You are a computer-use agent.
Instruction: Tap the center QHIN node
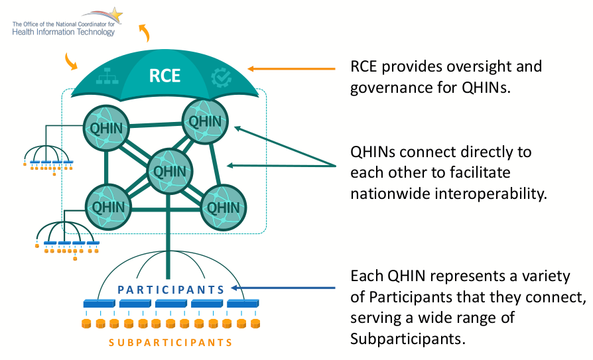[x=166, y=170]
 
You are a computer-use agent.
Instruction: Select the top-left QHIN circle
[x=105, y=127]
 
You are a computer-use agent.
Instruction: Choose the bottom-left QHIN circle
[x=107, y=206]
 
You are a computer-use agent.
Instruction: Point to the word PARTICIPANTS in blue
[x=170, y=290]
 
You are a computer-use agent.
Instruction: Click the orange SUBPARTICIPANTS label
[x=170, y=343]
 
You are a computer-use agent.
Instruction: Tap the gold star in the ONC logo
[x=115, y=14]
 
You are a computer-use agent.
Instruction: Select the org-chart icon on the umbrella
[x=106, y=78]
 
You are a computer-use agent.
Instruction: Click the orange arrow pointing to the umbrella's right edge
[x=292, y=68]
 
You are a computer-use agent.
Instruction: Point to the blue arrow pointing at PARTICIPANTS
[x=285, y=288]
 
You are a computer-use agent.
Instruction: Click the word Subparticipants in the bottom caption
[x=407, y=338]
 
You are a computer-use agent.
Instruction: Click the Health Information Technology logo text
[x=63, y=32]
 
